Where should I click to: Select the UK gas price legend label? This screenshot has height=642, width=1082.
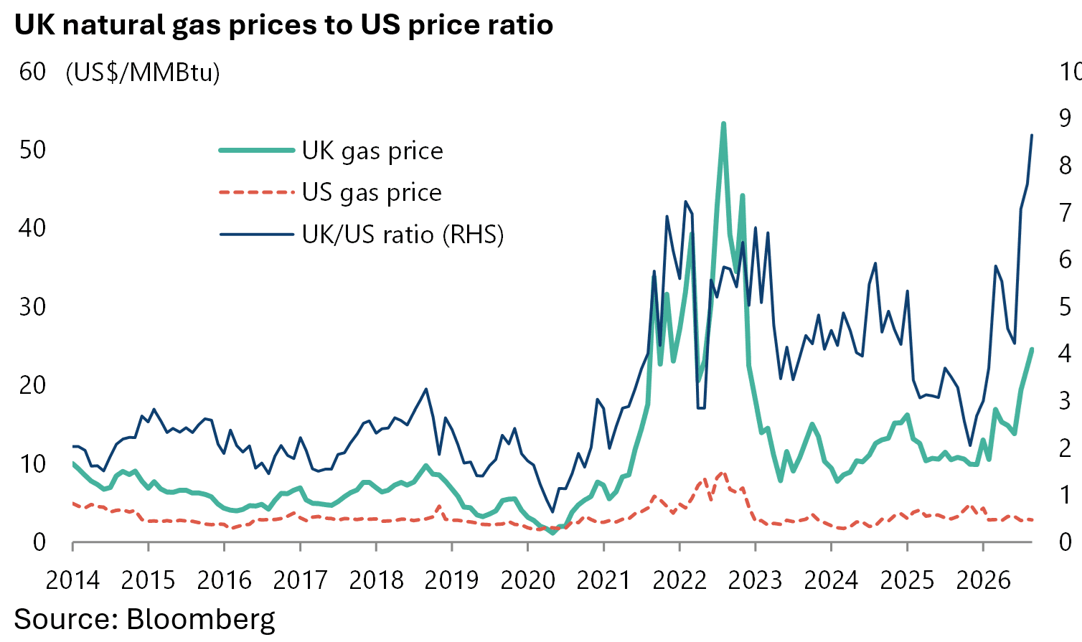click(x=372, y=151)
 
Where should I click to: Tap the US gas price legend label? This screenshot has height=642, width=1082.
click(x=372, y=193)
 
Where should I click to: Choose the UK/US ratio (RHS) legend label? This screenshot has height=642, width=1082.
click(x=403, y=235)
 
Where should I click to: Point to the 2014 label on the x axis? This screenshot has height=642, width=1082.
click(x=72, y=580)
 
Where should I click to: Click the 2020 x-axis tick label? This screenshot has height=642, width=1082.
click(x=527, y=580)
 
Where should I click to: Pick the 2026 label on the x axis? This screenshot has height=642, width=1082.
click(x=983, y=580)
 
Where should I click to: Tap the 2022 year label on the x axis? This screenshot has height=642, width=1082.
click(x=679, y=580)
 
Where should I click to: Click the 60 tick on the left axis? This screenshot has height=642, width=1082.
click(x=32, y=72)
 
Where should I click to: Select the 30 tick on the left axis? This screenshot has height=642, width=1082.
click(x=32, y=307)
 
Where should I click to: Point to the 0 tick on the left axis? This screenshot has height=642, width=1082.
click(x=39, y=542)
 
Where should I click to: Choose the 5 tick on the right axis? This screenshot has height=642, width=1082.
click(x=1065, y=307)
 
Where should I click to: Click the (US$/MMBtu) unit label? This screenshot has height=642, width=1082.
click(x=143, y=73)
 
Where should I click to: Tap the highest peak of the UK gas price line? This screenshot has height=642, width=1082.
click(x=723, y=124)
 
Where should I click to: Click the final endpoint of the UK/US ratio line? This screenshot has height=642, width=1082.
click(x=1032, y=136)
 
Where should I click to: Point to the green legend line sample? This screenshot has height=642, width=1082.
click(x=256, y=150)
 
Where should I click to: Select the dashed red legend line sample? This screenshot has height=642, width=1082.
click(x=256, y=192)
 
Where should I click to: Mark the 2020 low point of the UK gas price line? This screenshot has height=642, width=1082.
click(x=553, y=532)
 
